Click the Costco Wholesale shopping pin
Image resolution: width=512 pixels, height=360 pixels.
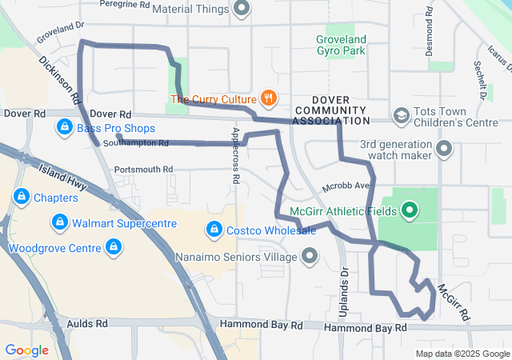[214, 230]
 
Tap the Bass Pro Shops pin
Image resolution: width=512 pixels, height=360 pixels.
[65, 127]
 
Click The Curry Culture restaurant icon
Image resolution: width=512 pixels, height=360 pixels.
[268, 99]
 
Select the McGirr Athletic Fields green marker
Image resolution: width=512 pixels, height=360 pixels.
[410, 210]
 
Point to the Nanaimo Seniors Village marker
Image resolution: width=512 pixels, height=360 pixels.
[309, 257]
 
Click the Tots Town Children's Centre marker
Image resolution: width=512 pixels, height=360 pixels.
[402, 117]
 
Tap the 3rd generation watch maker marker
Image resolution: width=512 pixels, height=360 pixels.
[445, 149]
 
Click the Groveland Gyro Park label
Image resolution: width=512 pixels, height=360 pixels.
[341, 45]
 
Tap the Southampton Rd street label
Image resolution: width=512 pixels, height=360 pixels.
[142, 144]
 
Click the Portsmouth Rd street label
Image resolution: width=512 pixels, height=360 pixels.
[144, 170]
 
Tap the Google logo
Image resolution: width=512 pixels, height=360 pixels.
[26, 350]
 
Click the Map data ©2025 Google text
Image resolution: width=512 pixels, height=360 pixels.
[462, 354]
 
